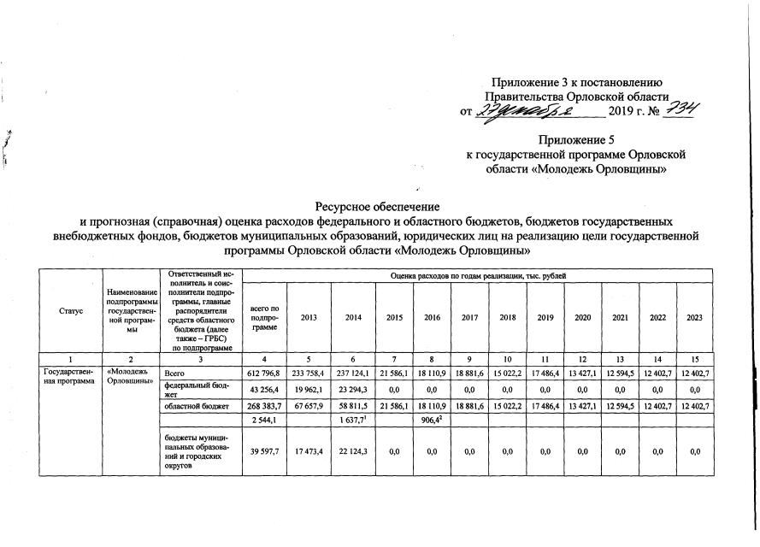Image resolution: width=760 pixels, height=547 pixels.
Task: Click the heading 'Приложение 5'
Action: pyautogui.click(x=574, y=138)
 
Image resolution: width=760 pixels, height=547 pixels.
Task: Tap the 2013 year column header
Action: pyautogui.click(x=309, y=317)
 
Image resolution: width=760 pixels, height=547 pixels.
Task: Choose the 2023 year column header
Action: pyautogui.click(x=694, y=317)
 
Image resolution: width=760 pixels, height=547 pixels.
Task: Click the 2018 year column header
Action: pyautogui.click(x=507, y=317)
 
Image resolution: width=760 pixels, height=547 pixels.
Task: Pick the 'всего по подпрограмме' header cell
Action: pyautogui.click(x=266, y=317)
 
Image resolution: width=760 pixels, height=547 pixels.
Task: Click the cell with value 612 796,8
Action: pyautogui.click(x=266, y=373)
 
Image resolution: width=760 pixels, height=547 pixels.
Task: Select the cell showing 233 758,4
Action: pyautogui.click(x=309, y=373)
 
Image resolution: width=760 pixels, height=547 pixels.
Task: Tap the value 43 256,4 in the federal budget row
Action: pyautogui.click(x=266, y=390)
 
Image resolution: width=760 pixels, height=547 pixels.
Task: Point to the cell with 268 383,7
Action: pyautogui.click(x=266, y=407)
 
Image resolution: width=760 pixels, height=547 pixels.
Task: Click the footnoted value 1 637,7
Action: pyautogui.click(x=353, y=422)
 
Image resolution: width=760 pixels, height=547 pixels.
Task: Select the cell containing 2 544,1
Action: pyautogui.click(x=266, y=422)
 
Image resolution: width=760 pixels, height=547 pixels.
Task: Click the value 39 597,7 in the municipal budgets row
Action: pyautogui.click(x=266, y=451)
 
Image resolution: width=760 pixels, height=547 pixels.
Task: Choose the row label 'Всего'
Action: pyautogui.click(x=174, y=373)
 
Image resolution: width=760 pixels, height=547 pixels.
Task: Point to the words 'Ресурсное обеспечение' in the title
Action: pyautogui.click(x=377, y=206)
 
